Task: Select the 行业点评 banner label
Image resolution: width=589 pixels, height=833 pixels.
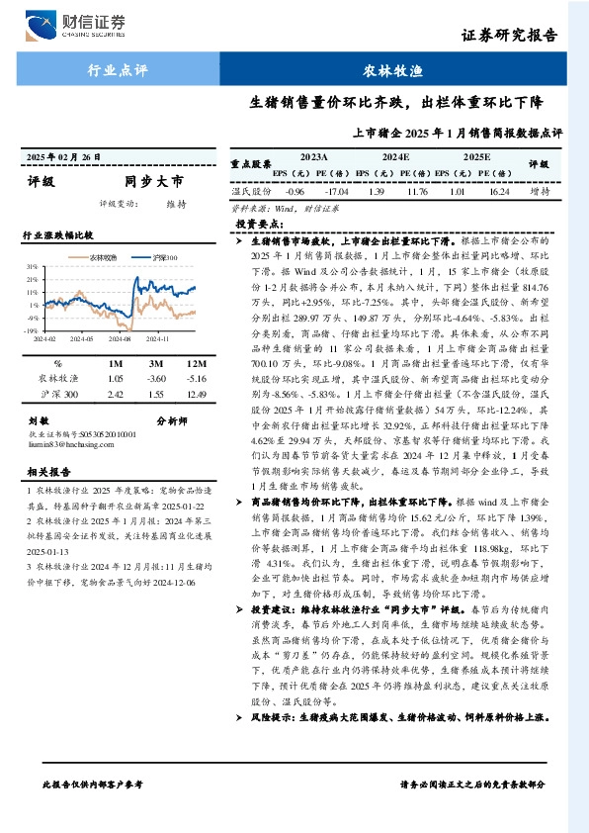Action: click(x=118, y=71)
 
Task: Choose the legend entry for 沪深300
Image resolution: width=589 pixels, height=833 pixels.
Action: click(x=163, y=257)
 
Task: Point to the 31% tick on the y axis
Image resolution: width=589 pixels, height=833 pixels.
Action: click(x=33, y=267)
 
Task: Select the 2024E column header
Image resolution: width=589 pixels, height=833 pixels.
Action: click(x=395, y=156)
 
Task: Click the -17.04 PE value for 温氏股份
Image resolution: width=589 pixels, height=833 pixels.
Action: click(x=339, y=191)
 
